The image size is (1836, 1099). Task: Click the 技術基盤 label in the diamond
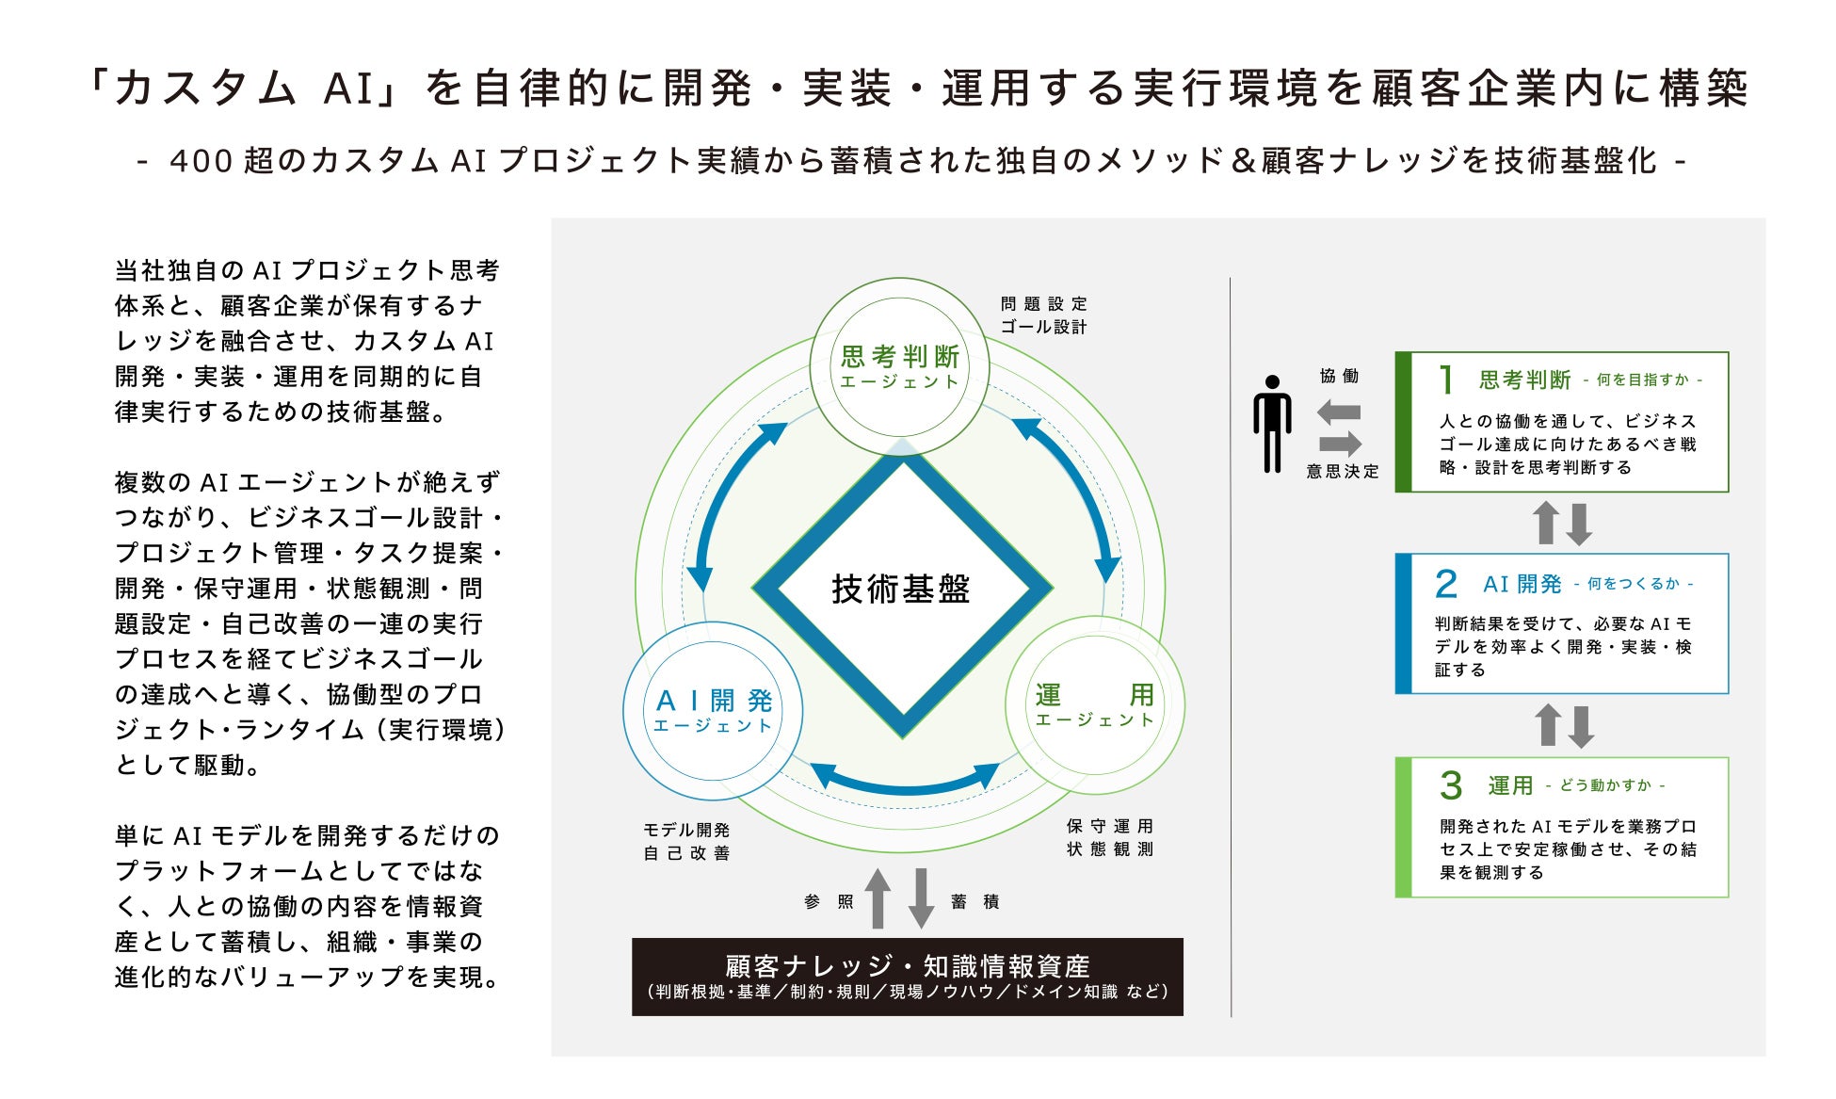pos(901,589)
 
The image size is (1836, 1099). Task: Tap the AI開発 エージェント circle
pos(713,711)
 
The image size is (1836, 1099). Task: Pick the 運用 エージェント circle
pos(1095,705)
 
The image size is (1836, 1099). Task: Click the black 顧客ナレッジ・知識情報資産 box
pos(907,977)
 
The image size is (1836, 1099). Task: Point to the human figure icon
pos(1272,424)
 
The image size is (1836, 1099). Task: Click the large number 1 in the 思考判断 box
pos(1447,380)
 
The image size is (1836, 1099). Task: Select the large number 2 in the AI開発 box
pos(1446,584)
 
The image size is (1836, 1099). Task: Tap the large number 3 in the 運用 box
pos(1451,785)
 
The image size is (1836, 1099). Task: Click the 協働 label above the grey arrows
pos(1339,376)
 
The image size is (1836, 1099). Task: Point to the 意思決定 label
pos(1342,471)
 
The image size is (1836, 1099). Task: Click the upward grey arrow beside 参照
pos(878,898)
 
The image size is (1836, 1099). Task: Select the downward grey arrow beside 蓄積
pos(921,898)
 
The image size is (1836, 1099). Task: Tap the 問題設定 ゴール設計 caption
pos(1043,315)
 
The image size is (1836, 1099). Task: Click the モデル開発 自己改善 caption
pos(686,841)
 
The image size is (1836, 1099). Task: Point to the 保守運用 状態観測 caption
pos(1110,837)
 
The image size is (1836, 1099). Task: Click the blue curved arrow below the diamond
pos(905,784)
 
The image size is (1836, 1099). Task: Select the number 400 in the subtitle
pos(201,161)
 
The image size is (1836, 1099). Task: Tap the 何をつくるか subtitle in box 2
pos(1634,584)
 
